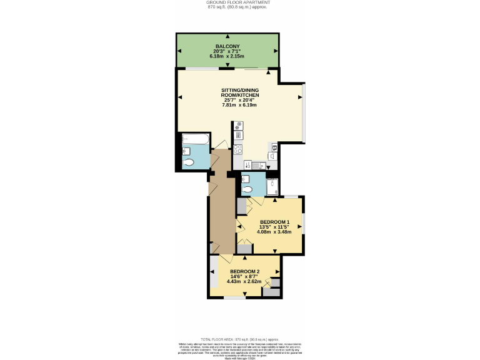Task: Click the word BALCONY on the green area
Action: (227, 46)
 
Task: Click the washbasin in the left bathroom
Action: (186, 150)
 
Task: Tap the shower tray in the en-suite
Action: (273, 186)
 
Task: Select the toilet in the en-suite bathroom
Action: (247, 189)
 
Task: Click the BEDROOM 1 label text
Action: (274, 222)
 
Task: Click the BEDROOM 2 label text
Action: (244, 271)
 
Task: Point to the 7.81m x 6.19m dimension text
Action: (239, 105)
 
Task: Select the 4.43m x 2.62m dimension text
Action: (244, 282)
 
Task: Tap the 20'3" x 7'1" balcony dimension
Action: (227, 52)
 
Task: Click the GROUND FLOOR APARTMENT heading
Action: (239, 2)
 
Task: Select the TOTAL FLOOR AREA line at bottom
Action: (239, 338)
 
